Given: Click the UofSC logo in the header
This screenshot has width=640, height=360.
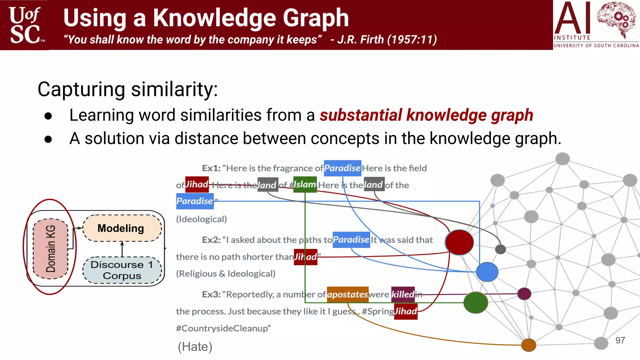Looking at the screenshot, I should tap(25, 25).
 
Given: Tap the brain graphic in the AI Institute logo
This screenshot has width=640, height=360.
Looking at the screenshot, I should tap(616, 19).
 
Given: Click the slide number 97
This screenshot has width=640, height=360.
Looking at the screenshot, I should tap(620, 340).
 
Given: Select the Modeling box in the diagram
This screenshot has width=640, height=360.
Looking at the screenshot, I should tap(122, 228).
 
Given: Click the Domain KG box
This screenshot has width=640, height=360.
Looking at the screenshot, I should tap(50, 248).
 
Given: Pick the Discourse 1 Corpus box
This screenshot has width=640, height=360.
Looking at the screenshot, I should tap(122, 270).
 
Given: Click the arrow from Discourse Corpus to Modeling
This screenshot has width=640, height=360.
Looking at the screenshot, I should tap(122, 249).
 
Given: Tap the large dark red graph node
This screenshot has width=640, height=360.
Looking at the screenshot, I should tap(459, 242).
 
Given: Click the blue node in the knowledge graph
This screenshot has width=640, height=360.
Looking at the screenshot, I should tap(487, 272).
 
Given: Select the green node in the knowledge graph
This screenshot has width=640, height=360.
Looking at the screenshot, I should tap(475, 302).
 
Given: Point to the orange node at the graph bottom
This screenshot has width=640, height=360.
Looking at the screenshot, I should tap(528, 345).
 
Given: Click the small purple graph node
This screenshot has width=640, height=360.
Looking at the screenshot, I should tap(524, 294).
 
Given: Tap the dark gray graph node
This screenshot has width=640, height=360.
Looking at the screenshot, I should tap(500, 249).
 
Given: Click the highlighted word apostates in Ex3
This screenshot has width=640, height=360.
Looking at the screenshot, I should tap(347, 294).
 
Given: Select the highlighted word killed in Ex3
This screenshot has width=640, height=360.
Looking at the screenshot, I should tap(403, 294).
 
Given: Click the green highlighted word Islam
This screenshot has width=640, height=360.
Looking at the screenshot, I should tap(305, 184).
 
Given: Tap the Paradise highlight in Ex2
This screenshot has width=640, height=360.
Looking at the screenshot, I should tap(351, 240).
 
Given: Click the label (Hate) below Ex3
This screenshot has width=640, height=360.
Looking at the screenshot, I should tap(195, 347).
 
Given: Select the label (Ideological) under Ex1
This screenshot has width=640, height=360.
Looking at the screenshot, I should tap(202, 219).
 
